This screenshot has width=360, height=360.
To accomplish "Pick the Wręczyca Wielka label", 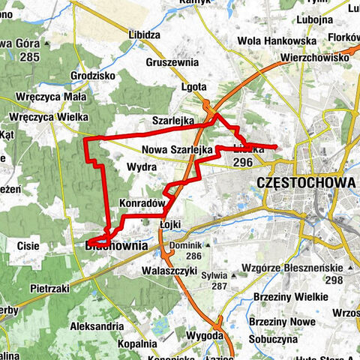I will (x=49, y=117).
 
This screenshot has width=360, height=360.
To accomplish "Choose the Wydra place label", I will (x=141, y=166).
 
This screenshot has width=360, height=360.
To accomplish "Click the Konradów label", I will (x=141, y=203).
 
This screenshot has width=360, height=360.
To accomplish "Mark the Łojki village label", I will (x=172, y=223).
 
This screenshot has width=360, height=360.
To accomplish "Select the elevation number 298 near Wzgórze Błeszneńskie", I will (x=334, y=280).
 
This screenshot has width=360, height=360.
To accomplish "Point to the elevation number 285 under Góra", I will (x=29, y=56).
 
